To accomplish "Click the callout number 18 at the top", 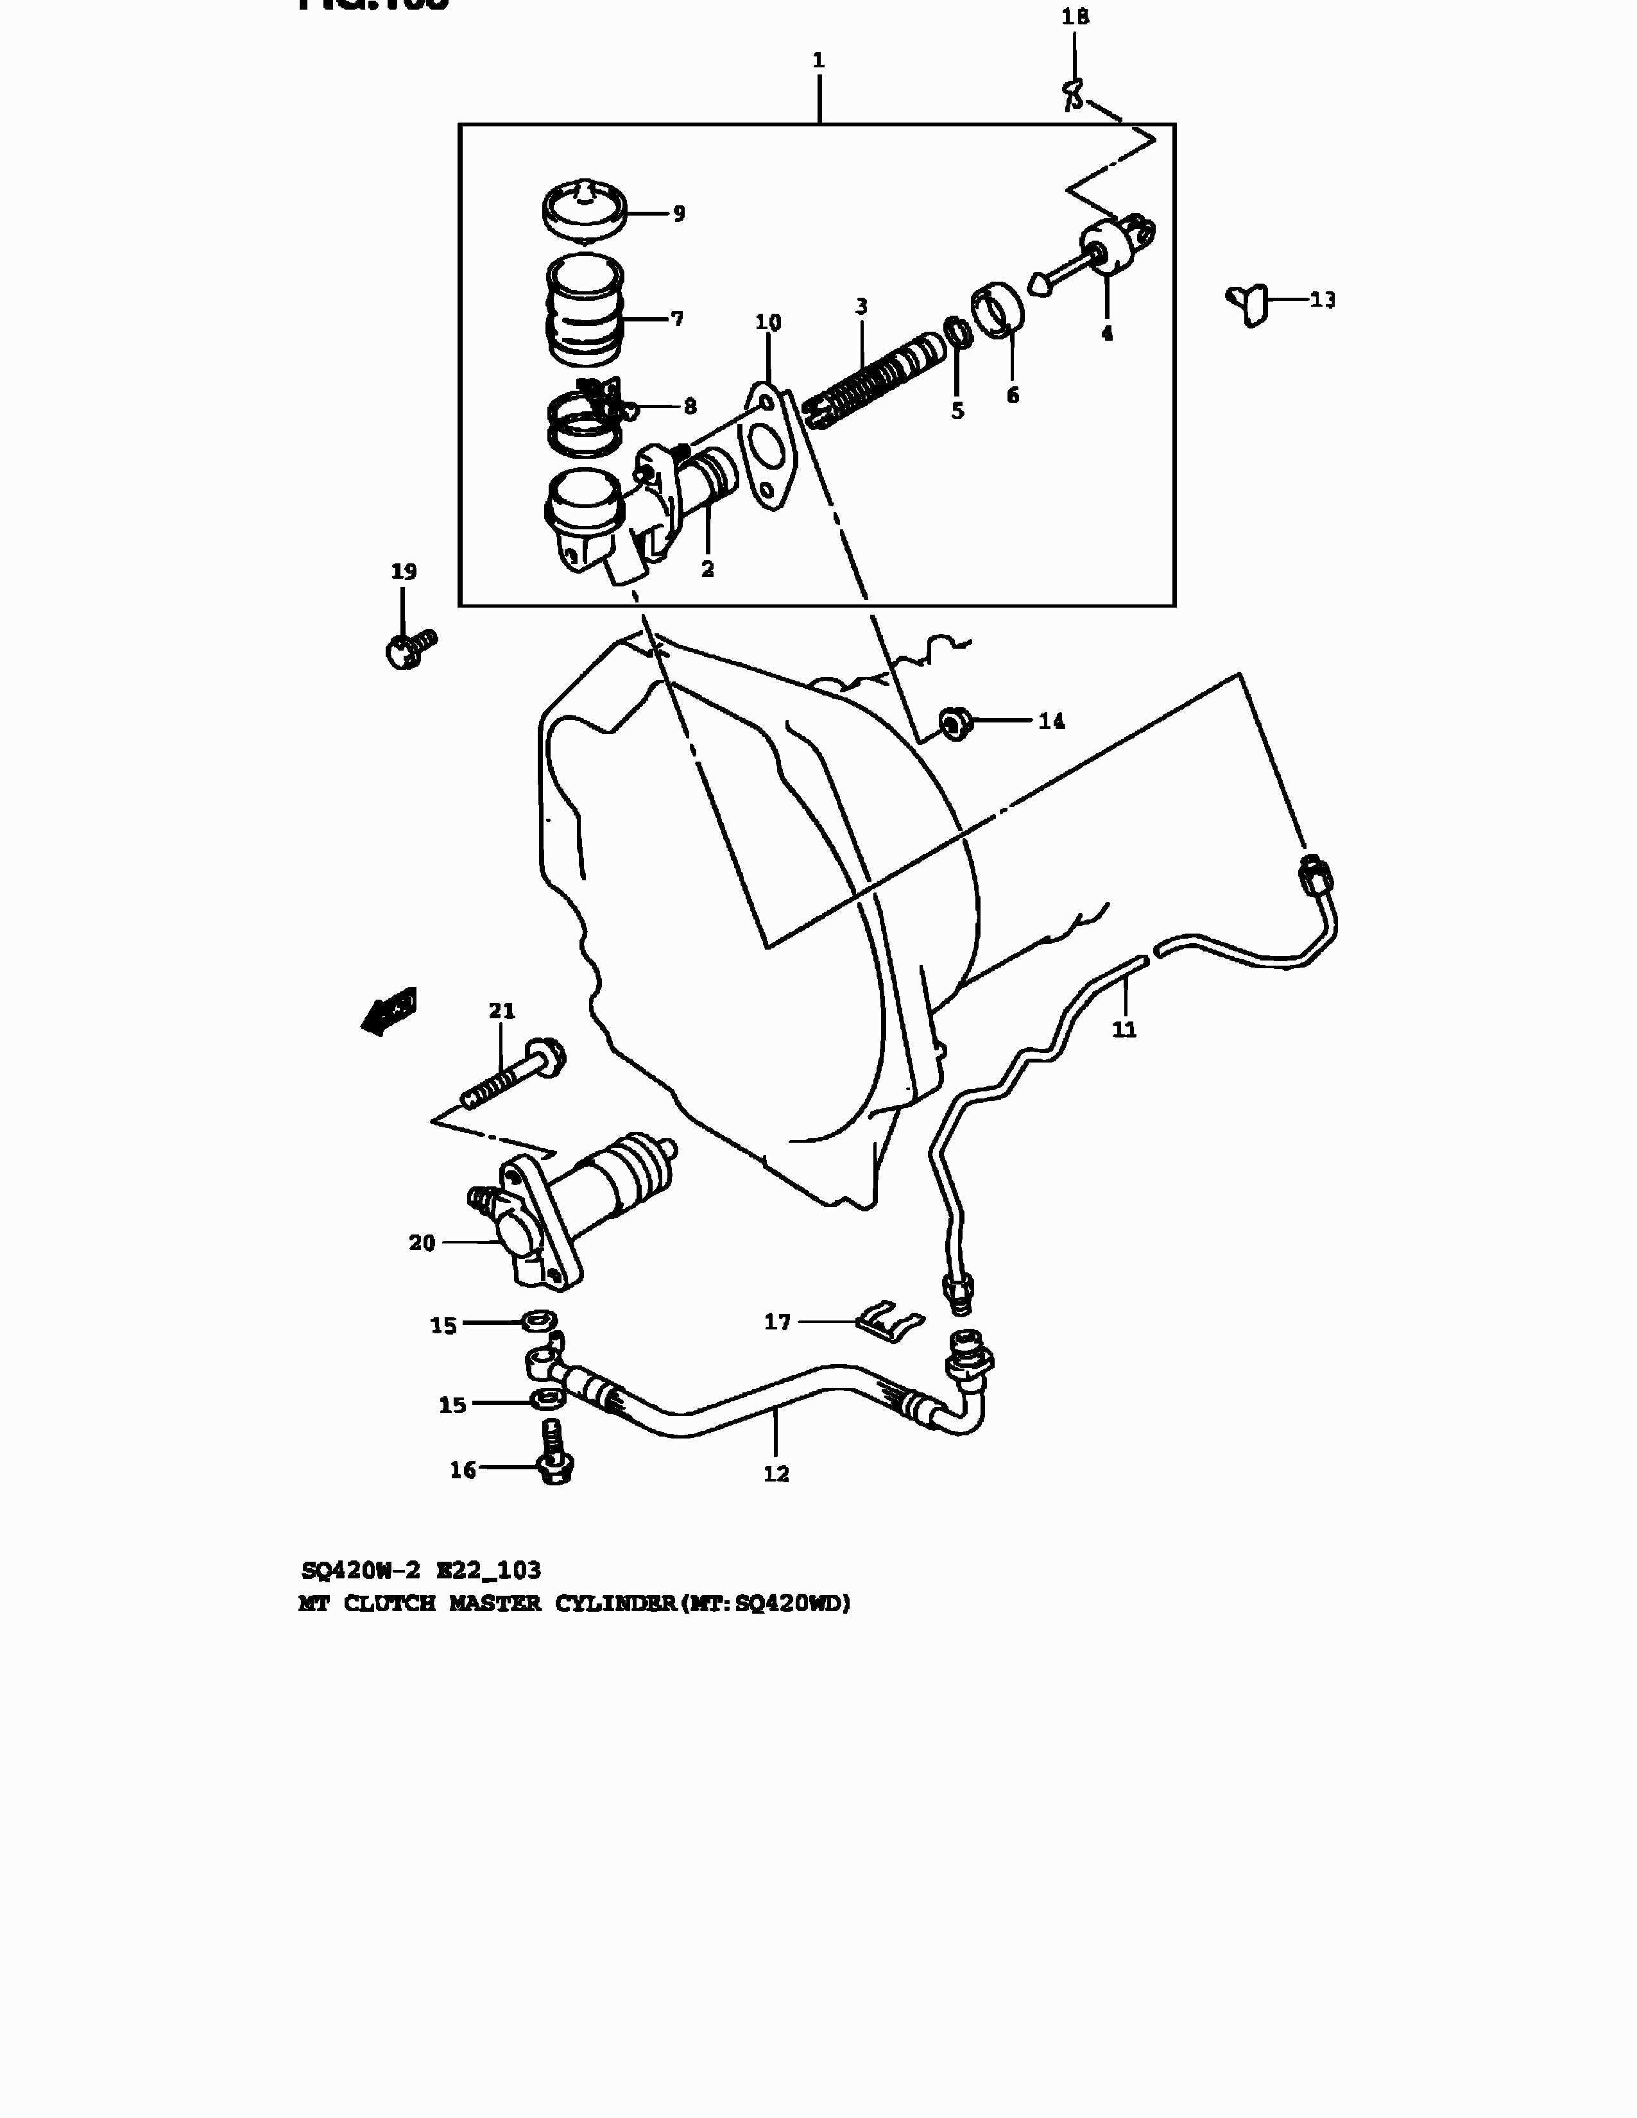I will pyautogui.click(x=1074, y=17).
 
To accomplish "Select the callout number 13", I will pyautogui.click(x=1323, y=300).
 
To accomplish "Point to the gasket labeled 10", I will pyautogui.click(x=768, y=451).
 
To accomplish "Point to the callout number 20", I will pyautogui.click(x=422, y=1242).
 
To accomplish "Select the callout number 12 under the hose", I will pyautogui.click(x=776, y=1474).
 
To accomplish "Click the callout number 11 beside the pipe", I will pyautogui.click(x=1124, y=1029).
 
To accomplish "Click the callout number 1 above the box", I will pyautogui.click(x=819, y=60).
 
